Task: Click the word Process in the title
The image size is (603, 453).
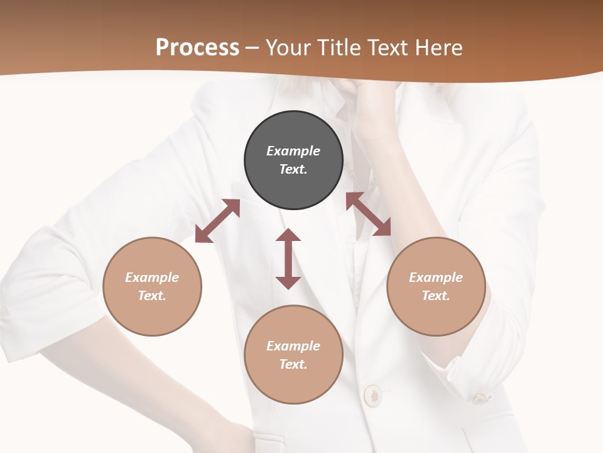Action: tap(197, 48)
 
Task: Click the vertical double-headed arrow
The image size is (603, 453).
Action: tap(288, 259)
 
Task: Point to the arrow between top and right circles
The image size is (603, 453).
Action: tap(368, 214)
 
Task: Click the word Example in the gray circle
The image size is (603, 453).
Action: tap(293, 151)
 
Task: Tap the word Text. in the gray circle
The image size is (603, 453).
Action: tap(293, 169)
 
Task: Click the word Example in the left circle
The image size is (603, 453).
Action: tap(152, 277)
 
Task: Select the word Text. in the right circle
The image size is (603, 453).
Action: tap(436, 296)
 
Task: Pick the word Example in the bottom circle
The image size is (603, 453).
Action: tap(293, 346)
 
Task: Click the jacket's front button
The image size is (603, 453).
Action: tap(372, 394)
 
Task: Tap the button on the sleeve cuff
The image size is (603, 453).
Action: tap(480, 398)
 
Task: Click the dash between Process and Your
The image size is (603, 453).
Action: tap(253, 48)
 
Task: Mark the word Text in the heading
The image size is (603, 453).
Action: tap(387, 48)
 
